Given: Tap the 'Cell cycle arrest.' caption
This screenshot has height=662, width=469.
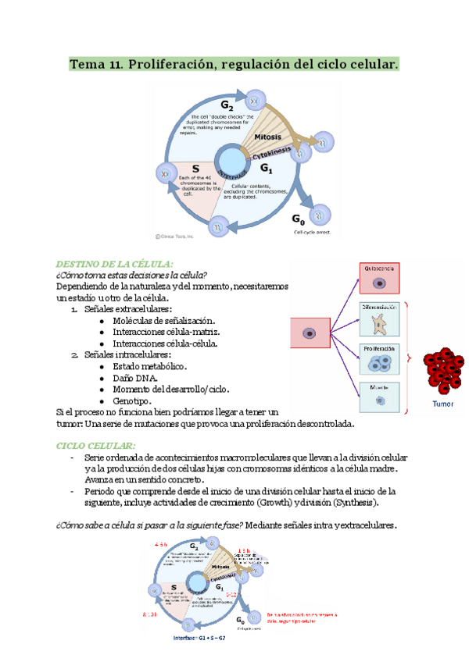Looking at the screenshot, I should [311, 232].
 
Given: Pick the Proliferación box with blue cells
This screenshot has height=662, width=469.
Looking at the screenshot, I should [381, 361].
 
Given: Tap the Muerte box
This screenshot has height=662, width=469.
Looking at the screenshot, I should [381, 397].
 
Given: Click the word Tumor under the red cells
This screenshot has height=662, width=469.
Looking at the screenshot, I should [444, 404].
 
